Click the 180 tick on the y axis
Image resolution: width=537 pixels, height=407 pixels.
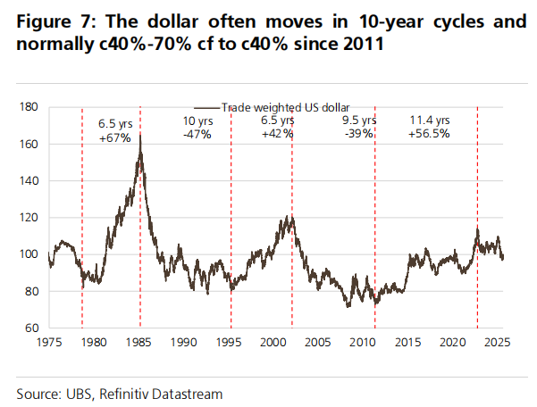(29, 107)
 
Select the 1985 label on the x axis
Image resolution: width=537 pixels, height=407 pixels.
(139, 342)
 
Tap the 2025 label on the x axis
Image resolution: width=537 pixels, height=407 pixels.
(500, 342)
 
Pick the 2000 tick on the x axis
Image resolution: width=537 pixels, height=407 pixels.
(275, 342)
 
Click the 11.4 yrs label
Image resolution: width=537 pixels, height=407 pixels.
(431, 120)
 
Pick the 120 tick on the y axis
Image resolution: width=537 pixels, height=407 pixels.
(29, 218)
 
